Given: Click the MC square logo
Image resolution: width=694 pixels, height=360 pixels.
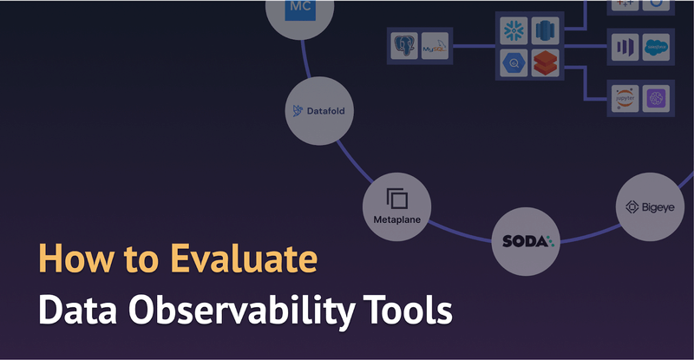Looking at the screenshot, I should coord(298,11).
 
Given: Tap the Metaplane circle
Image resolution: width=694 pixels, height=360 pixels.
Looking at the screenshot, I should coord(396,206).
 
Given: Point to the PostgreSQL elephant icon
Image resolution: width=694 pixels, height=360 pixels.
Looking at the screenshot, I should coord(404,45).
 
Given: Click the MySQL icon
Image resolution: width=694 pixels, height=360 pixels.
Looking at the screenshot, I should coord(435,46).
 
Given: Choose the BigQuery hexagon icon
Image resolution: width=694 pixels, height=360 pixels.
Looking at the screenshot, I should coord(514,62).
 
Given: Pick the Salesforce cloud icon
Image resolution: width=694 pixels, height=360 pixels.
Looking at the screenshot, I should coord(657,47).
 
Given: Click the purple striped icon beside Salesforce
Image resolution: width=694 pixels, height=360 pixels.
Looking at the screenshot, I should coord(625,47).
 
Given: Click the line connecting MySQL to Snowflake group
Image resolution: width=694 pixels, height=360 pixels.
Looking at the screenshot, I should coord(474,47).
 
